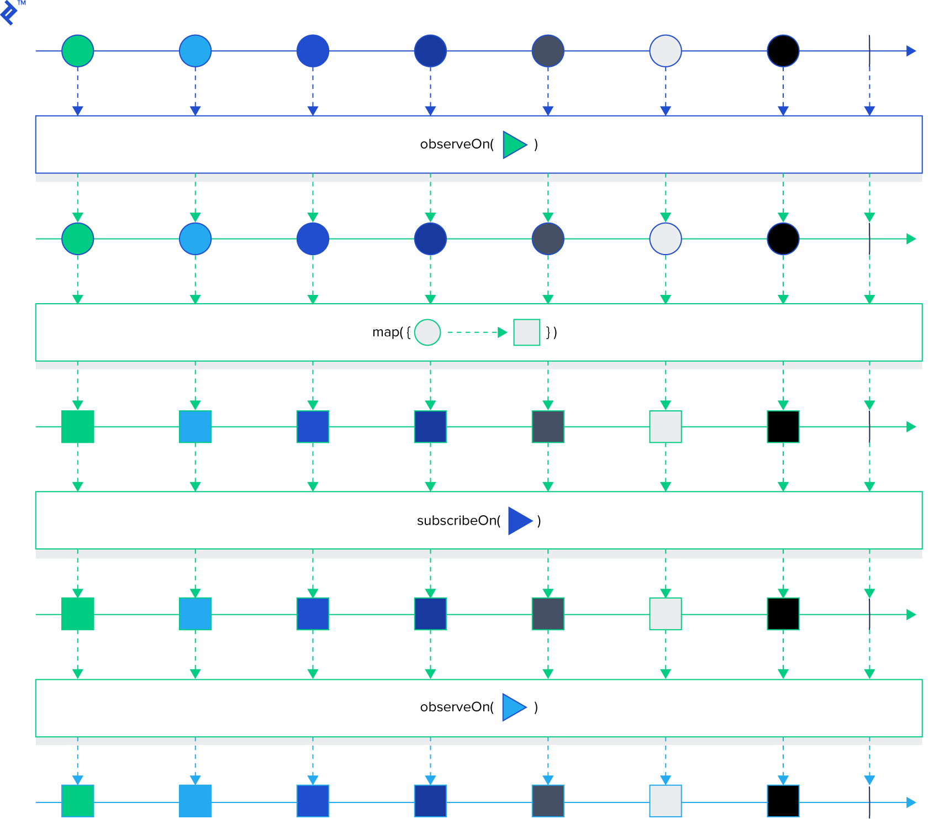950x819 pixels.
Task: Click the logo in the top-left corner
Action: coord(10,12)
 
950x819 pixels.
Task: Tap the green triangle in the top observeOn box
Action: coord(514,145)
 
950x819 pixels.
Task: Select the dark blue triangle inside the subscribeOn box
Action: coord(519,521)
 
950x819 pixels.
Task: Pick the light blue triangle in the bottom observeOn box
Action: coord(513,707)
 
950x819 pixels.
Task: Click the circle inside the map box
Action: coord(427,332)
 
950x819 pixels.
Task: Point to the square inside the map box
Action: coord(526,332)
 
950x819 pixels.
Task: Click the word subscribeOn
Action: coord(458,521)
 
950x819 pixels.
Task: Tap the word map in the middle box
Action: coord(386,332)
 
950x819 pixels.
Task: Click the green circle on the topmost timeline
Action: coord(78,51)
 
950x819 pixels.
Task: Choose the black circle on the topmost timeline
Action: coord(783,51)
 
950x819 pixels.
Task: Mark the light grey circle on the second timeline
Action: coord(666,239)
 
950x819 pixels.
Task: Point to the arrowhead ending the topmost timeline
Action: coord(911,51)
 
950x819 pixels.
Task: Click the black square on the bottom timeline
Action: coord(783,801)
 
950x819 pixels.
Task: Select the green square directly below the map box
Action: coord(78,427)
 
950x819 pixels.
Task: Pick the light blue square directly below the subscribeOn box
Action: coord(196,614)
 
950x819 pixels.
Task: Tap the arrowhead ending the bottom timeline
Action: coord(911,802)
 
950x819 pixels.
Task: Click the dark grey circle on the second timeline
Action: coord(548,239)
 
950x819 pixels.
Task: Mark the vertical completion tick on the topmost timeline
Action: coord(869,51)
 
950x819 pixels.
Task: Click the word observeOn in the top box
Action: coord(456,145)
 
